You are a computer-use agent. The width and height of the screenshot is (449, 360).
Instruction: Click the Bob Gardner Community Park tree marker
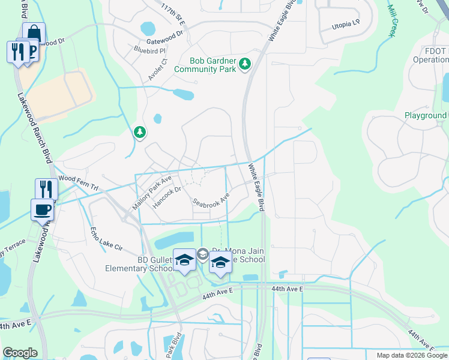click(x=245, y=64)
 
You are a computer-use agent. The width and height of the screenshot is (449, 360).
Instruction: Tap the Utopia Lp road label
click(x=345, y=27)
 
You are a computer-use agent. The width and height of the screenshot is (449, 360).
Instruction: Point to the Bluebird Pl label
click(x=149, y=50)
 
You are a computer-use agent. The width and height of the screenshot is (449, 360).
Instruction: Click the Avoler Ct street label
click(x=157, y=69)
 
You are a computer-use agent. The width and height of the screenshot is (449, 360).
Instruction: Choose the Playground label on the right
click(x=426, y=115)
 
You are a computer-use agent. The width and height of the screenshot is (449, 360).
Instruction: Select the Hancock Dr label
click(x=167, y=197)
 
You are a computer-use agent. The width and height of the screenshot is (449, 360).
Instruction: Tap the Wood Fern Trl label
click(x=78, y=182)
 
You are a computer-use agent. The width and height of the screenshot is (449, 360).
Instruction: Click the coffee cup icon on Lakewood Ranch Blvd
click(x=43, y=211)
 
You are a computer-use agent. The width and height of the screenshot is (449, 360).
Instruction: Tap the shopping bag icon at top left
click(x=34, y=33)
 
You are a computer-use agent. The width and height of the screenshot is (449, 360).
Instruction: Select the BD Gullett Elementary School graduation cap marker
click(x=184, y=260)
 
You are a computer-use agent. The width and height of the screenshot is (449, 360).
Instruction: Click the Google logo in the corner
click(x=20, y=353)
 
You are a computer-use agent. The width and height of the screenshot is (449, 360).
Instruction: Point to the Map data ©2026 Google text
click(x=411, y=355)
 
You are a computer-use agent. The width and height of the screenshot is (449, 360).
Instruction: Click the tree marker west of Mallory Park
click(x=139, y=131)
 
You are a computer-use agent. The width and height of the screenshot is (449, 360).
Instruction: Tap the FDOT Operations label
click(x=431, y=55)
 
